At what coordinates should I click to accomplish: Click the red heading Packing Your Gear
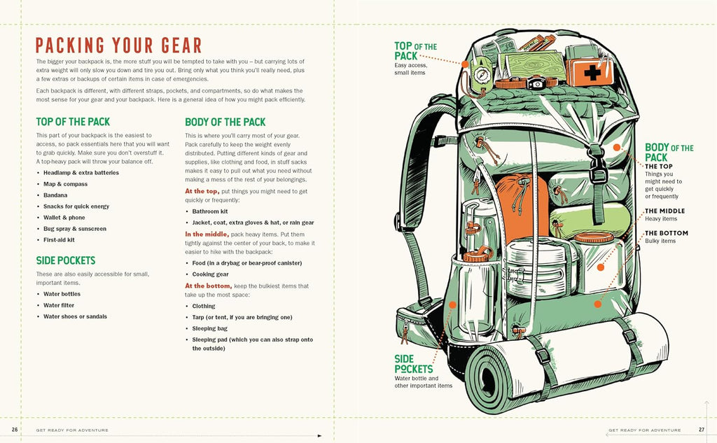[x=118, y=45]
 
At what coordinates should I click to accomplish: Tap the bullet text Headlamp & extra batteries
[x=81, y=173]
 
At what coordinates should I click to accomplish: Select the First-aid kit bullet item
[x=59, y=240]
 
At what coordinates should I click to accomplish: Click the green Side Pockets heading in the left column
[x=66, y=260]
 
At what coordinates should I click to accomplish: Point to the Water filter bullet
[x=59, y=305]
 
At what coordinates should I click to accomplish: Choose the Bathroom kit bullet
[x=210, y=211]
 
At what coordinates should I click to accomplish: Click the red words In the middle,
[x=207, y=234]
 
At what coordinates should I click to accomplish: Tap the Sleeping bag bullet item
[x=209, y=329]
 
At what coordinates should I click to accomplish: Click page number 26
[x=15, y=430]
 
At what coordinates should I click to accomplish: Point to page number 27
[x=702, y=430]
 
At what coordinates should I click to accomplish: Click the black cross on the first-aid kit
[x=592, y=72]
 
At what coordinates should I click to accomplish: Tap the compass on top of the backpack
[x=482, y=74]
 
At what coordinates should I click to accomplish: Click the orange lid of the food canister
[x=594, y=238]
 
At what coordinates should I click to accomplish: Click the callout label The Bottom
[x=667, y=233]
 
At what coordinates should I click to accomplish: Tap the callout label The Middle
[x=665, y=211]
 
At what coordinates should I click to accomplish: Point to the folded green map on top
[x=533, y=64]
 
